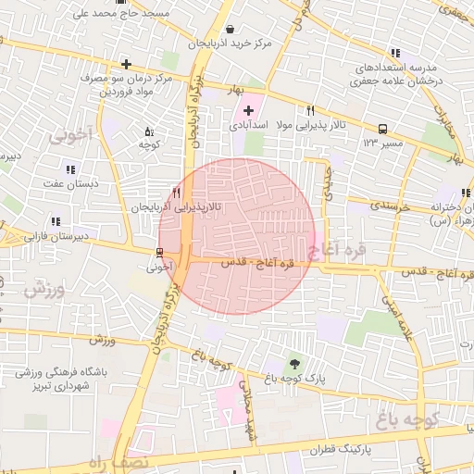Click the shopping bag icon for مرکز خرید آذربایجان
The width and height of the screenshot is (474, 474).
(230, 29)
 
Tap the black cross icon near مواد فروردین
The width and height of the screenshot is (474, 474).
(126, 64)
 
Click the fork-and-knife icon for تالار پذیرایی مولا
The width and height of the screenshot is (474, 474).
(323, 108)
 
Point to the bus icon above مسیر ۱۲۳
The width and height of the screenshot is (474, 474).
(382, 130)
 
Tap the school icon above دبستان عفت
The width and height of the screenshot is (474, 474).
(70, 168)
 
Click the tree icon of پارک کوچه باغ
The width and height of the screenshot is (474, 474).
(294, 363)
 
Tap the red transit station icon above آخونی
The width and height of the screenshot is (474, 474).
(159, 252)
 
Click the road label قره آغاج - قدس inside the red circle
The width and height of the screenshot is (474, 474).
(256, 263)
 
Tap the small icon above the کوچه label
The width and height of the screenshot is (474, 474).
(150, 131)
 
